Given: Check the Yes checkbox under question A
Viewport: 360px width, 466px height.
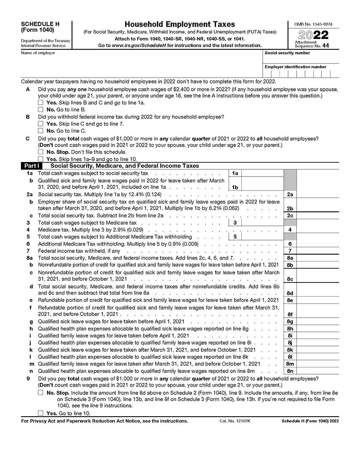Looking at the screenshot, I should point(41,103).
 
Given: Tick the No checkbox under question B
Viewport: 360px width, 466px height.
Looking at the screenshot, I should point(41,130).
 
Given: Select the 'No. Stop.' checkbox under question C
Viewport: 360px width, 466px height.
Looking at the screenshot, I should point(41,152).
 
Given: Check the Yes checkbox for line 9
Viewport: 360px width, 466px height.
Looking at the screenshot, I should point(41,413).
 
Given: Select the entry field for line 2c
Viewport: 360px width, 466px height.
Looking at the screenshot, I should point(317,215).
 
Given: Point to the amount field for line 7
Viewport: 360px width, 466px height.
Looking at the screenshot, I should point(317,251).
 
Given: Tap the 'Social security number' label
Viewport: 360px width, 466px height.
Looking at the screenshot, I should point(287,53).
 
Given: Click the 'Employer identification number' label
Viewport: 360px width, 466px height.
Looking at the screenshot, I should point(296,67).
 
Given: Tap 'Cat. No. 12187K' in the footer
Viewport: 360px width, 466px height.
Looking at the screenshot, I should point(235,421).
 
